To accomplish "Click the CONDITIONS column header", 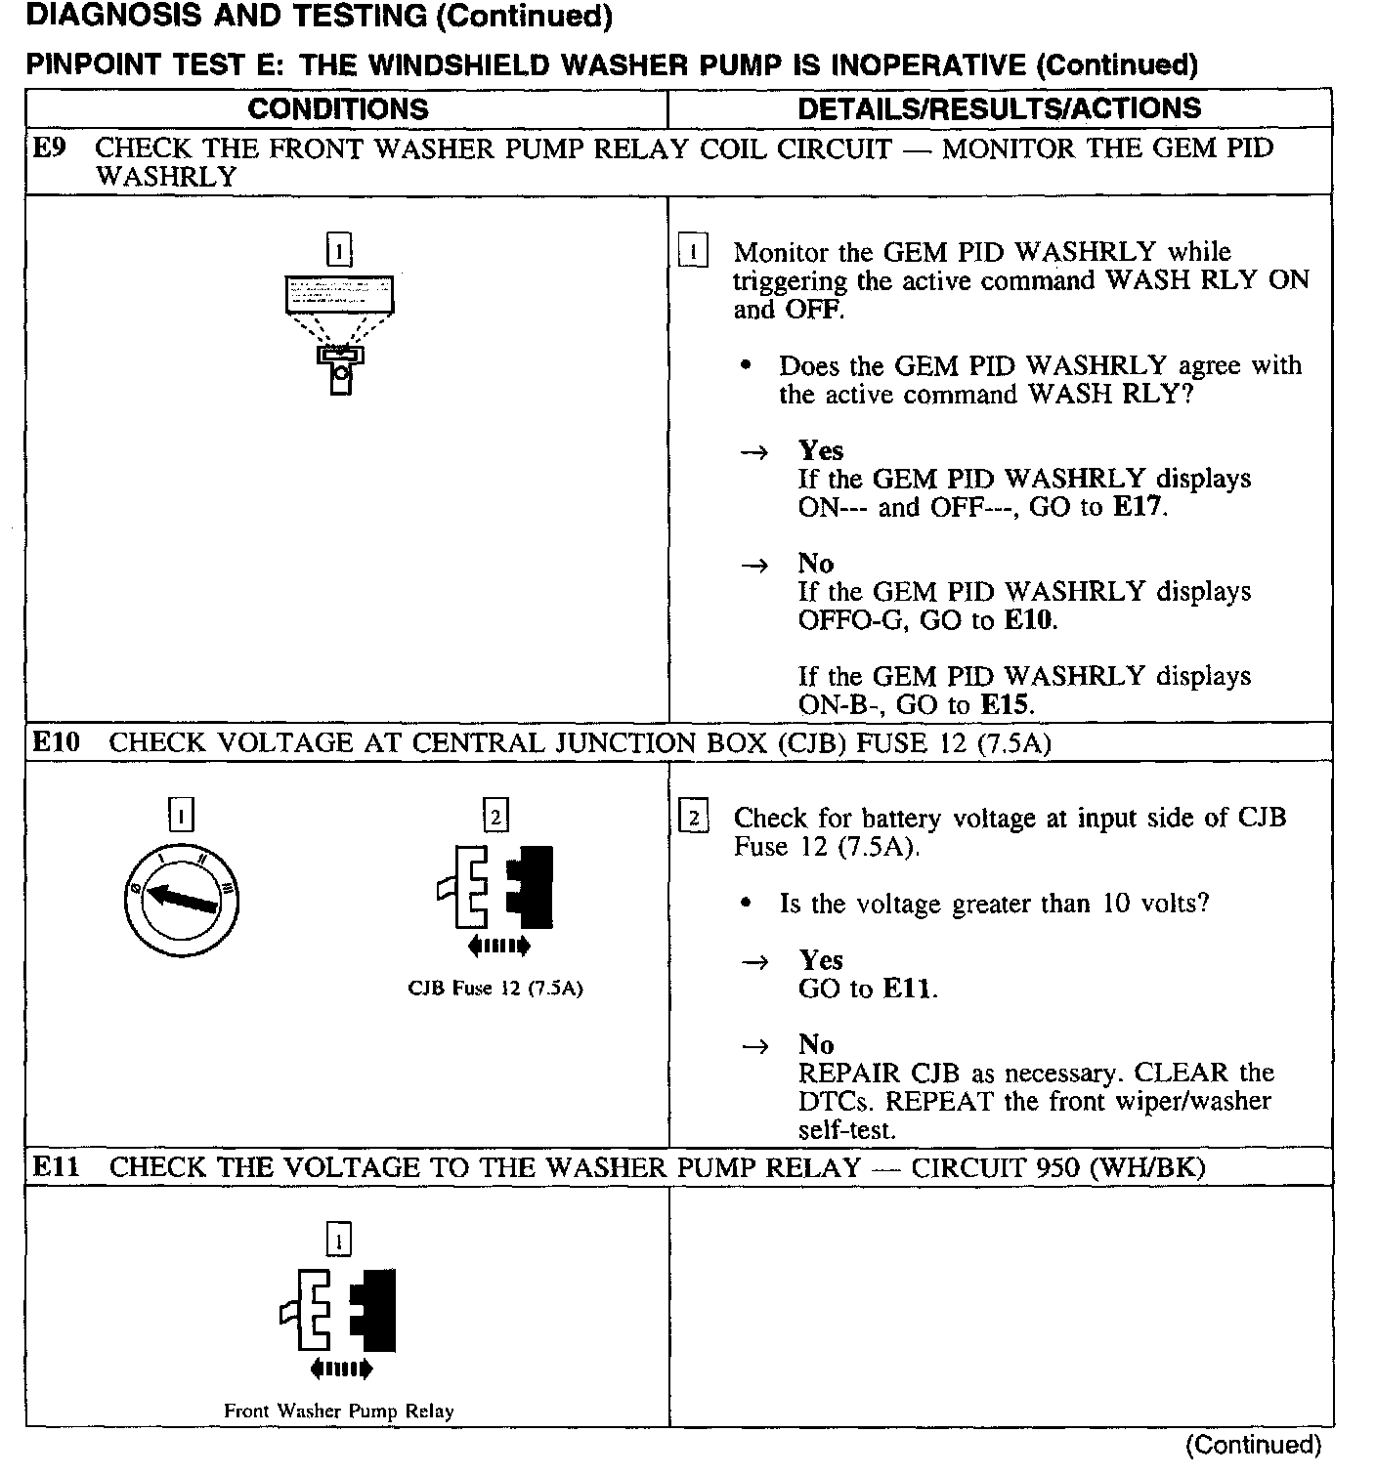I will coord(338,108).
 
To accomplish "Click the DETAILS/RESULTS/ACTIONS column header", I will coord(999,108).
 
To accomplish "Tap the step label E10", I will coord(56,742).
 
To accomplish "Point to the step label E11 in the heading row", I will coord(56,1167).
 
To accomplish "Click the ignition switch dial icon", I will coord(182,900).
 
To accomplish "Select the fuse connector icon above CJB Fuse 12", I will coord(496,889).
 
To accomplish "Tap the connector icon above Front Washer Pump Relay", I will coord(339,1313).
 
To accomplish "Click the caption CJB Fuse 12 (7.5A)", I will coord(494,989).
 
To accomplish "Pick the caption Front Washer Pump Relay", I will coord(338,1412).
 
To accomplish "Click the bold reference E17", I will coord(1139,508).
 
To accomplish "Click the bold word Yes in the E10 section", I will coord(821,960).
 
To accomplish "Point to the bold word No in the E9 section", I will coord(816,564).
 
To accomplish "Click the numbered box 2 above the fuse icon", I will coord(496,815).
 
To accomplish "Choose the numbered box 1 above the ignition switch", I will coord(182,815).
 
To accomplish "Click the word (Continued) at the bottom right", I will coord(1253,1446).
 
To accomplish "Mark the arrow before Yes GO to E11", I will coord(754,963).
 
